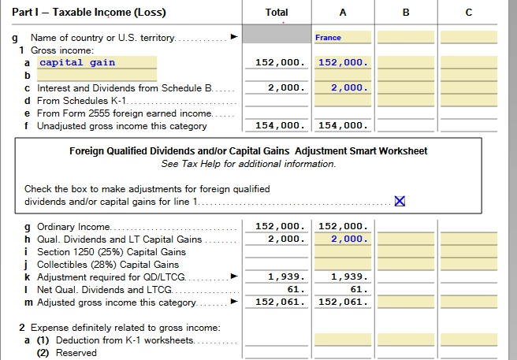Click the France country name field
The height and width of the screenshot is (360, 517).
342,37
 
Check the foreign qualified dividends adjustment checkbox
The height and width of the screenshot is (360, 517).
400,201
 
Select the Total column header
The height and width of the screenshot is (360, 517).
277,13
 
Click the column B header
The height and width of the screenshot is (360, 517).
405,13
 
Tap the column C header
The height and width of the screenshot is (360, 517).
468,13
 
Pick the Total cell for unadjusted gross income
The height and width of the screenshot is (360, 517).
280,125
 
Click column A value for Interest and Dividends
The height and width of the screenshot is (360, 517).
344,88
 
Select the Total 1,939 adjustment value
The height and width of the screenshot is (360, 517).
284,276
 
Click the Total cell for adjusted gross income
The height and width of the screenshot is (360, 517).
280,302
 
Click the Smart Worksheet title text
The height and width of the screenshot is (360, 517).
248,150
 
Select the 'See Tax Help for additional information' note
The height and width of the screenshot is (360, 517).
248,164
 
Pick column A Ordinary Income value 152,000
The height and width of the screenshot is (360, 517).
344,227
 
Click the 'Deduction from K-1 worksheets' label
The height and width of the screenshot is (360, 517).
121,340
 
